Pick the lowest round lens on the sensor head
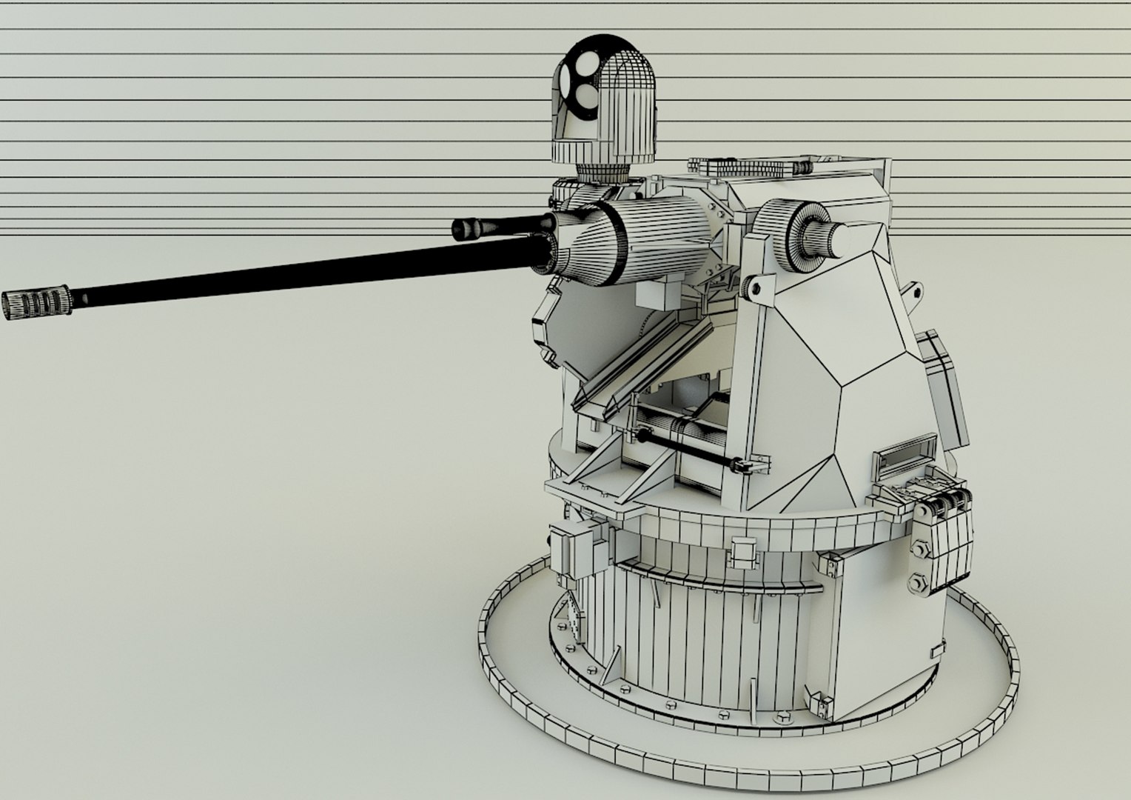point(585,93)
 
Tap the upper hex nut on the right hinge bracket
point(922,549)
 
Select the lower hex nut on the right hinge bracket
point(918,582)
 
